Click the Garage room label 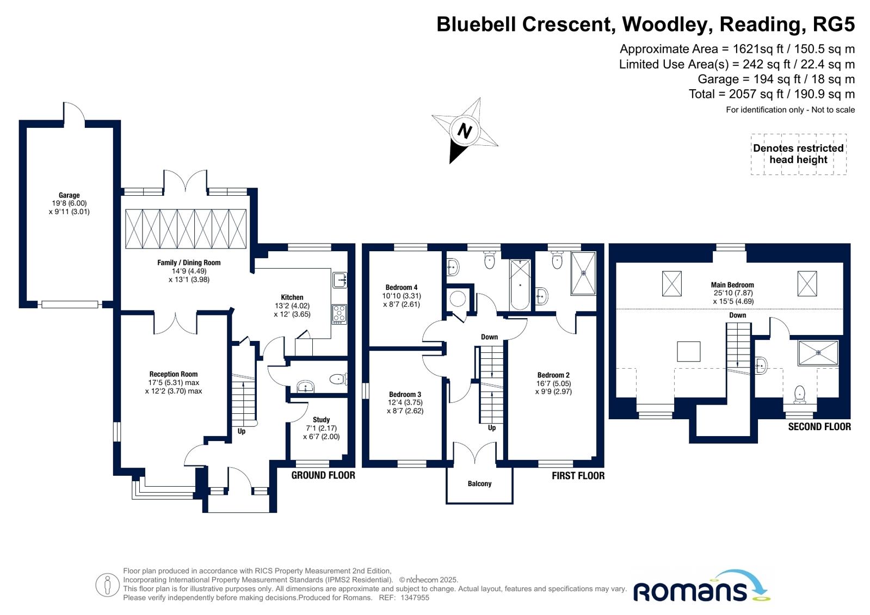[69, 195]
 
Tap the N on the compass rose [465, 131]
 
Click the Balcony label [480, 484]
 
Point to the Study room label [321, 420]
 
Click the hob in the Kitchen [339, 314]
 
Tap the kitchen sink [340, 280]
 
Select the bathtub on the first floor [520, 285]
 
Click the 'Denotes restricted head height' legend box [799, 154]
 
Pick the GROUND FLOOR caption [323, 475]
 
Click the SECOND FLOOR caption [819, 427]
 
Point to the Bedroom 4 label [401, 287]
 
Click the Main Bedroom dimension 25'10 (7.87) [733, 293]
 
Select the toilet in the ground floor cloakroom [338, 378]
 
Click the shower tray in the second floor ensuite [818, 353]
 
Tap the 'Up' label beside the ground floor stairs [242, 431]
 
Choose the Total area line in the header [772, 94]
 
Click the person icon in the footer [108, 585]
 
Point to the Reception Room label [173, 374]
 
